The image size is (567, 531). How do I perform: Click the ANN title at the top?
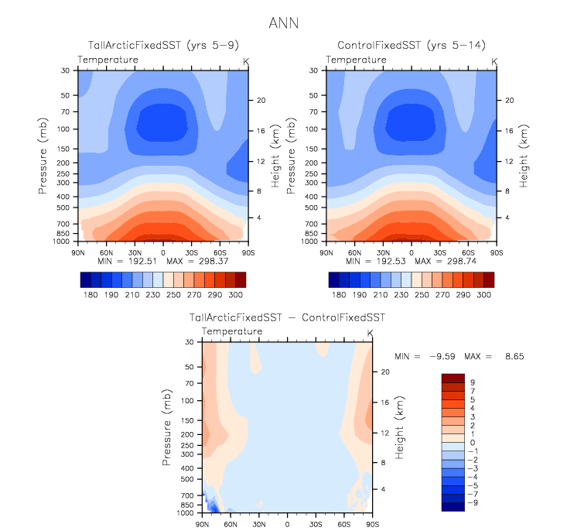(x=284, y=23)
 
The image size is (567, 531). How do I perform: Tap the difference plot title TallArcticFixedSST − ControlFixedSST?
(x=287, y=318)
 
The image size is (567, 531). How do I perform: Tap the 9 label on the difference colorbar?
(x=473, y=382)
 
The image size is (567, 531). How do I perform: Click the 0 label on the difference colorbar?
(x=473, y=442)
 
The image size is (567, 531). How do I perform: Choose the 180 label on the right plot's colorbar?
(x=338, y=295)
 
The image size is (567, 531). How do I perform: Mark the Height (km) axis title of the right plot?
(x=524, y=156)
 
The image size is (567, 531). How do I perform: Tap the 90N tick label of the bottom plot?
(x=202, y=524)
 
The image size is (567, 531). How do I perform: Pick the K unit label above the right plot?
(x=495, y=60)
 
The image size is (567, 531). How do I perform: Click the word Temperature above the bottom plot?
(x=231, y=331)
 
